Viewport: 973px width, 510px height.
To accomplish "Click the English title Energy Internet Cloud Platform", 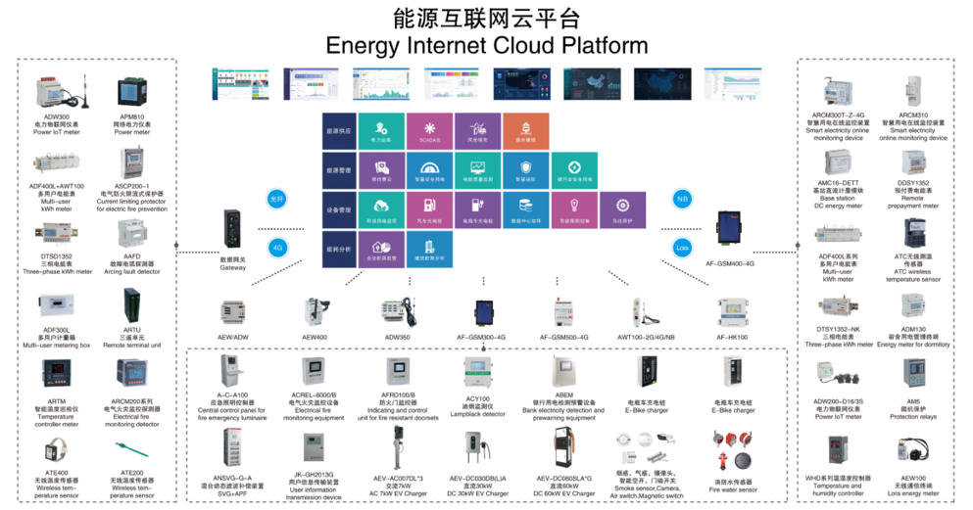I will click(486, 45).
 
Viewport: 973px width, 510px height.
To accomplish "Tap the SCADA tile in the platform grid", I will click(428, 130).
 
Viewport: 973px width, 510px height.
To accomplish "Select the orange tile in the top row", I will click(525, 130).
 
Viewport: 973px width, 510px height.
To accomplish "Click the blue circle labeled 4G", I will click(277, 248).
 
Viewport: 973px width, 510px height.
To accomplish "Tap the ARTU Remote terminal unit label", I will click(132, 338).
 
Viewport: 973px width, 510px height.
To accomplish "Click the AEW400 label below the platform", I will click(316, 337).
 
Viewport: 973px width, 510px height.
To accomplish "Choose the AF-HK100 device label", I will click(732, 337).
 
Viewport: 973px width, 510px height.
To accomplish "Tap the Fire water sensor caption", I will click(732, 486).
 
